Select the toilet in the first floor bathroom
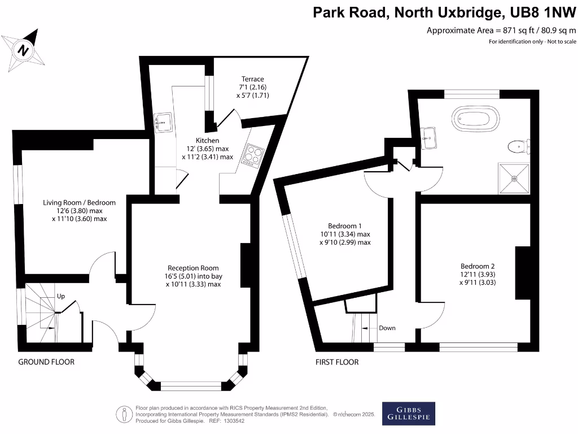tap(517, 147)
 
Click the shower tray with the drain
tap(514, 178)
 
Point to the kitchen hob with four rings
tap(253, 154)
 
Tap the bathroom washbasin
tap(428, 136)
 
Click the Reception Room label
tap(193, 268)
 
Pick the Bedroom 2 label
tap(478, 266)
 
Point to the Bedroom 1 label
tap(345, 224)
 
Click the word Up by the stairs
tap(61, 296)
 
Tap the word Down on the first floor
tap(387, 328)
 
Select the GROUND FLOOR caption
tap(46, 362)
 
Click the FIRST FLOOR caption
tap(337, 362)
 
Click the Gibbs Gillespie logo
tap(409, 414)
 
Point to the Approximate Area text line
tap(501, 30)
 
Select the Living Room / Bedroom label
tap(80, 202)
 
